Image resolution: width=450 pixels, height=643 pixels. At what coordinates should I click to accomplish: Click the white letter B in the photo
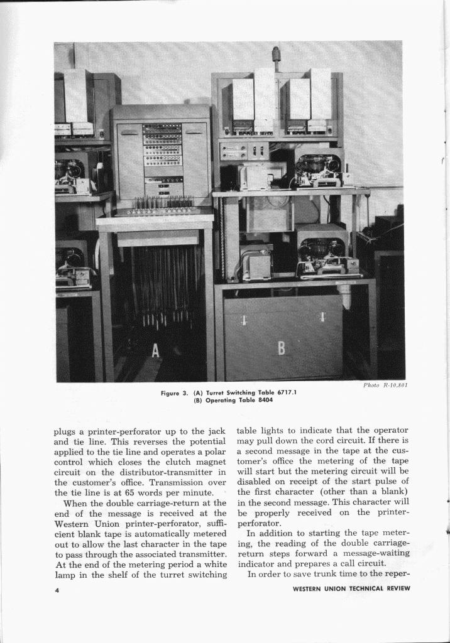pos(282,348)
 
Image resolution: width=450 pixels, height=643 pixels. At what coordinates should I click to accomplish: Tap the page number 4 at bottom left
pos(57,589)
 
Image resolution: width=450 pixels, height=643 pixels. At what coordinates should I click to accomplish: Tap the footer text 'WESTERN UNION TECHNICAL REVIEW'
pos(351,588)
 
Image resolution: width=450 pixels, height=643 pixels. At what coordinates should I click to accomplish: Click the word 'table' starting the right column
pos(248,431)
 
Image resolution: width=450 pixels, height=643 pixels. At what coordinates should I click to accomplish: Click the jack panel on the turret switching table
pos(162,151)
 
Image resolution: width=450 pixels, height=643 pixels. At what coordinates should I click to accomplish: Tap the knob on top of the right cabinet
pos(276,55)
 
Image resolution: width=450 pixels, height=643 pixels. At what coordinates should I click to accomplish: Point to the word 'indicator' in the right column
pos(256,564)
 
